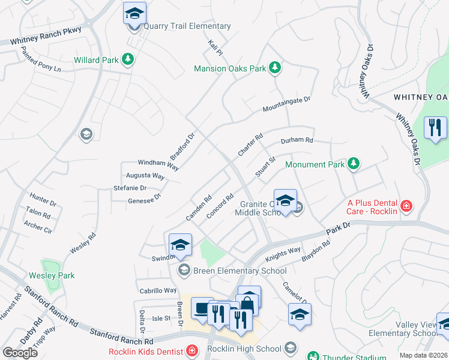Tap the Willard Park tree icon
pyautogui.click(x=127, y=59)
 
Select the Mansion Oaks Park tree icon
pyautogui.click(x=274, y=67)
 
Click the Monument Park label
pyautogui.click(x=315, y=164)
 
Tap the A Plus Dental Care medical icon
pyautogui.click(x=407, y=206)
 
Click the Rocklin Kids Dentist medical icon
pyautogui.click(x=191, y=350)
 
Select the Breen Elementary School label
pyautogui.click(x=240, y=271)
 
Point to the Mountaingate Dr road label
pyautogui.click(x=286, y=104)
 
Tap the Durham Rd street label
pyautogui.click(x=297, y=141)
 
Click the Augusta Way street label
pyautogui.click(x=145, y=176)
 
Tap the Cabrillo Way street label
pyautogui.click(x=158, y=290)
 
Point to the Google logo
pyautogui.click(x=20, y=352)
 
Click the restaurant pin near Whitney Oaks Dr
pyautogui.click(x=436, y=128)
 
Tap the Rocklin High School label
pyautogui.click(x=244, y=349)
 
